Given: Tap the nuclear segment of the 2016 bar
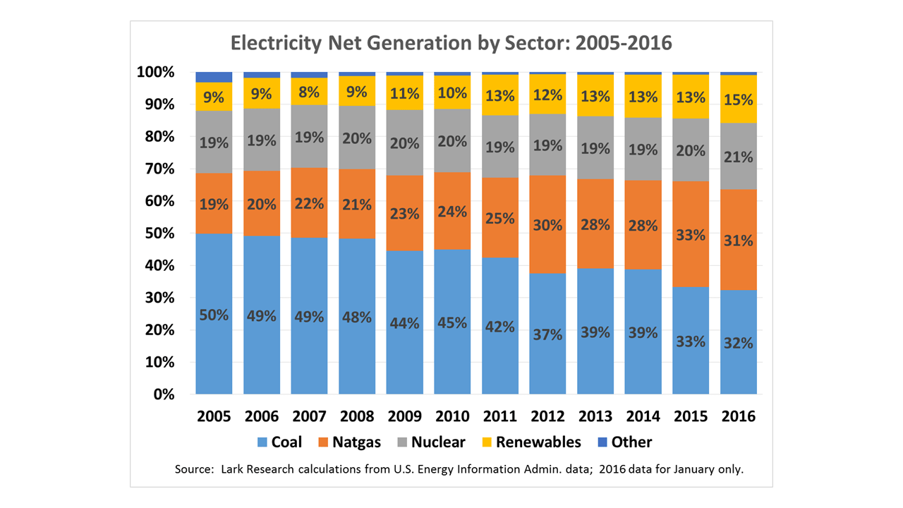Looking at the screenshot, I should [x=738, y=157].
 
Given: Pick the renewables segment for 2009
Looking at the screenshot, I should [x=404, y=92].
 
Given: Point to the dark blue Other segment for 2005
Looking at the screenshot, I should [x=214, y=77].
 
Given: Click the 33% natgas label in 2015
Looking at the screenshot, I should [x=691, y=235].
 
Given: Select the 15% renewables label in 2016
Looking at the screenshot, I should [x=738, y=100].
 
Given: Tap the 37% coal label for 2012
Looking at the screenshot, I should [x=547, y=334].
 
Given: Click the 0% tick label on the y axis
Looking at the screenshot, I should [x=164, y=394].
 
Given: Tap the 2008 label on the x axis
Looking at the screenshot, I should [x=357, y=416].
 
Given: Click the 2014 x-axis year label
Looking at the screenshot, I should [x=643, y=416].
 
